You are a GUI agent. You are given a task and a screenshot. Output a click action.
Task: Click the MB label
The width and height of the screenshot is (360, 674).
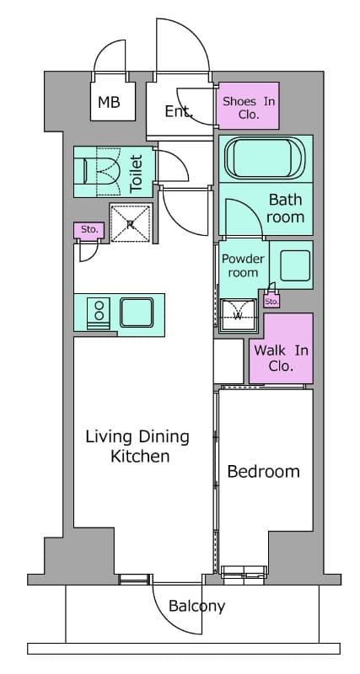pyautogui.click(x=109, y=102)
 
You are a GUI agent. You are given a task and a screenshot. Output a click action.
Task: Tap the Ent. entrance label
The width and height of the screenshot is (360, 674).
pyautogui.click(x=179, y=112)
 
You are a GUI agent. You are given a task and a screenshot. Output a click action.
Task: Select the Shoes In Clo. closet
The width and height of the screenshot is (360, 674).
pyautogui.click(x=249, y=105)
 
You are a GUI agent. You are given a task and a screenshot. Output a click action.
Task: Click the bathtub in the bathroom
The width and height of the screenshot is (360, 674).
pyautogui.click(x=265, y=158)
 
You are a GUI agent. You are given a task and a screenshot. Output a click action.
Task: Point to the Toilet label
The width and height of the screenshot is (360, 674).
pyautogui.click(x=137, y=174)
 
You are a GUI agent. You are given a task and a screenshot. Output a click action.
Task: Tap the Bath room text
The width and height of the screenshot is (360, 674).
pyautogui.click(x=285, y=208)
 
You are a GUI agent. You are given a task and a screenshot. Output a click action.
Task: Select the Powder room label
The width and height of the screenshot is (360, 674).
pyautogui.click(x=243, y=265)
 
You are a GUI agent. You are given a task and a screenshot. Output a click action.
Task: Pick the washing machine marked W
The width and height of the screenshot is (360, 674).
pyautogui.click(x=238, y=315)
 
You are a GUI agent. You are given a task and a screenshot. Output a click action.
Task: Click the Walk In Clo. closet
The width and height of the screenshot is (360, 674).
pyautogui.click(x=281, y=348)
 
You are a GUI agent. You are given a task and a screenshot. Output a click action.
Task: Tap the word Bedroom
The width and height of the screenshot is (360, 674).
pyautogui.click(x=263, y=472)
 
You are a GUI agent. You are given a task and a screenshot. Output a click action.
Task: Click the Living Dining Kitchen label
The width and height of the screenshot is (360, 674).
pyautogui.click(x=137, y=447)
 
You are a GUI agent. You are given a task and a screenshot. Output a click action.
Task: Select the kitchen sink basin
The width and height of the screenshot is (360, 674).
pyautogui.click(x=137, y=313)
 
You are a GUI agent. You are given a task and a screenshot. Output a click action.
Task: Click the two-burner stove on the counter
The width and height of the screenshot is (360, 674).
pyautogui.click(x=99, y=313)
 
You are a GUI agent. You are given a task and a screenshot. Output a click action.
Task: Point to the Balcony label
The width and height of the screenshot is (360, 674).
pyautogui.click(x=197, y=607)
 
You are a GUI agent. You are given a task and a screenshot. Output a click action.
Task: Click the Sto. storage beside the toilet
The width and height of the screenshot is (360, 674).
pyautogui.click(x=89, y=229)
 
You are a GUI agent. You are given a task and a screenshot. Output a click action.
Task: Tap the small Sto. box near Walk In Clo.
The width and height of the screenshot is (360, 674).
pyautogui.click(x=271, y=302)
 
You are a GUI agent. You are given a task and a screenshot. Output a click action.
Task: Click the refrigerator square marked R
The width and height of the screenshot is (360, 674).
pyautogui.click(x=131, y=223)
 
